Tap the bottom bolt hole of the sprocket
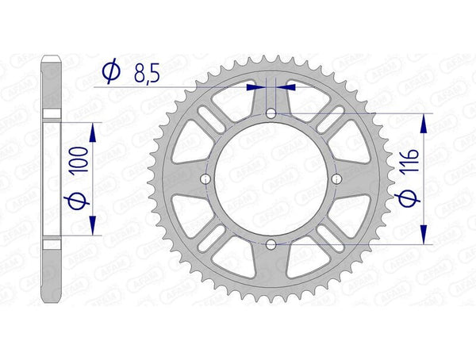[271, 243]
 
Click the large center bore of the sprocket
[271, 179]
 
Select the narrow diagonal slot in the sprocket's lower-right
[328, 237]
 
